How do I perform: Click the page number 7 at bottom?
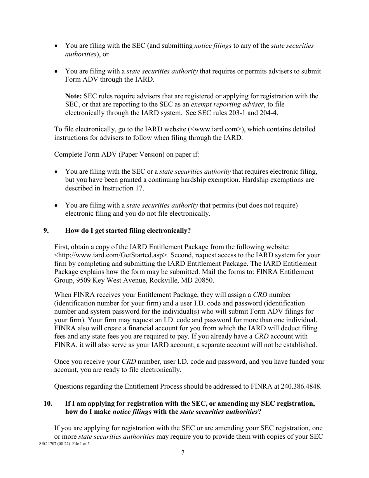point(183,452)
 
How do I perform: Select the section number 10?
point(48,403)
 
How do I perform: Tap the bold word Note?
point(73,96)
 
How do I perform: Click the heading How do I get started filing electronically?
point(128,230)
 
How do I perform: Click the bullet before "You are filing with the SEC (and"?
point(57,46)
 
